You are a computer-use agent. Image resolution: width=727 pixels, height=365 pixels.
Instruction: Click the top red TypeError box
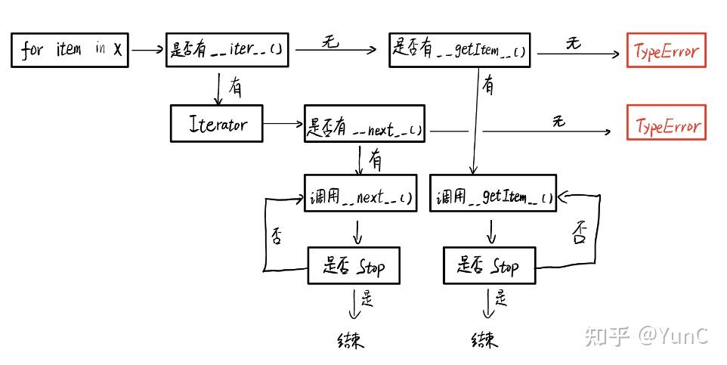(x=666, y=51)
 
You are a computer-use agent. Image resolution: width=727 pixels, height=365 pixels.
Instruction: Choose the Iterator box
(x=217, y=123)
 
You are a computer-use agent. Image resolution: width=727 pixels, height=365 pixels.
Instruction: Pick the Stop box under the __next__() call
(x=354, y=265)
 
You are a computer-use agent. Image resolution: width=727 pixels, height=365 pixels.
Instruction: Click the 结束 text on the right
(x=484, y=339)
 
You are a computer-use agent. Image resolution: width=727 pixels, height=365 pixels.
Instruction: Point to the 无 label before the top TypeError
(x=573, y=43)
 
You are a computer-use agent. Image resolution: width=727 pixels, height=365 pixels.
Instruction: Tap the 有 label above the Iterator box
(x=235, y=88)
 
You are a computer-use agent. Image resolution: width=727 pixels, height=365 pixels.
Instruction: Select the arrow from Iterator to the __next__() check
(x=283, y=123)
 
